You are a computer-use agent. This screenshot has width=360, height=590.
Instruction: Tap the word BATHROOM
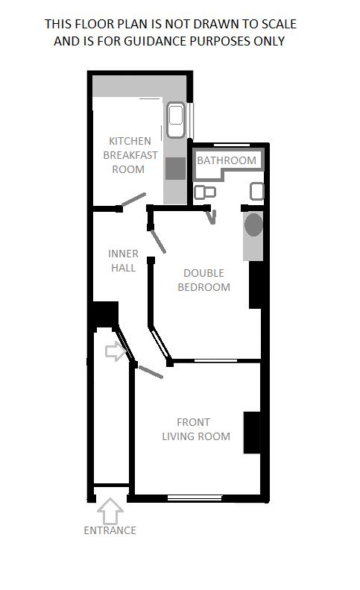tap(226, 160)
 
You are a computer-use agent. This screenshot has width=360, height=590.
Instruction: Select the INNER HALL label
tap(123, 260)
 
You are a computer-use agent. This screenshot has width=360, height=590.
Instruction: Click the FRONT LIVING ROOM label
tap(196, 429)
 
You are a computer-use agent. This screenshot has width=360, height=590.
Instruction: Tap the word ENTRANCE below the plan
tap(110, 530)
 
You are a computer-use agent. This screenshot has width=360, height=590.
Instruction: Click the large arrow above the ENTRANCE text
tap(110, 512)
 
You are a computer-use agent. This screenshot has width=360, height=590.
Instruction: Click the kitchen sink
tap(176, 120)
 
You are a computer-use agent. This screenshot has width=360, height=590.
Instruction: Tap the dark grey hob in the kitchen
tap(175, 169)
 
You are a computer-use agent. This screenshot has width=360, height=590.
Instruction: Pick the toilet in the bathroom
tap(203, 192)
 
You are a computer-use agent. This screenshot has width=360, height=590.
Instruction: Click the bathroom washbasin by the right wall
tap(256, 192)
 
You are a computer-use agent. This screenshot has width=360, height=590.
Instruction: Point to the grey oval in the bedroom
tap(253, 225)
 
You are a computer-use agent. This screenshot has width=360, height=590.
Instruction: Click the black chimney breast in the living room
tap(252, 432)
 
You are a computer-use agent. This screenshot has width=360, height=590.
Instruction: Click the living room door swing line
tap(150, 371)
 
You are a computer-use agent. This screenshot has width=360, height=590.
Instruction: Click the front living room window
tap(195, 498)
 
